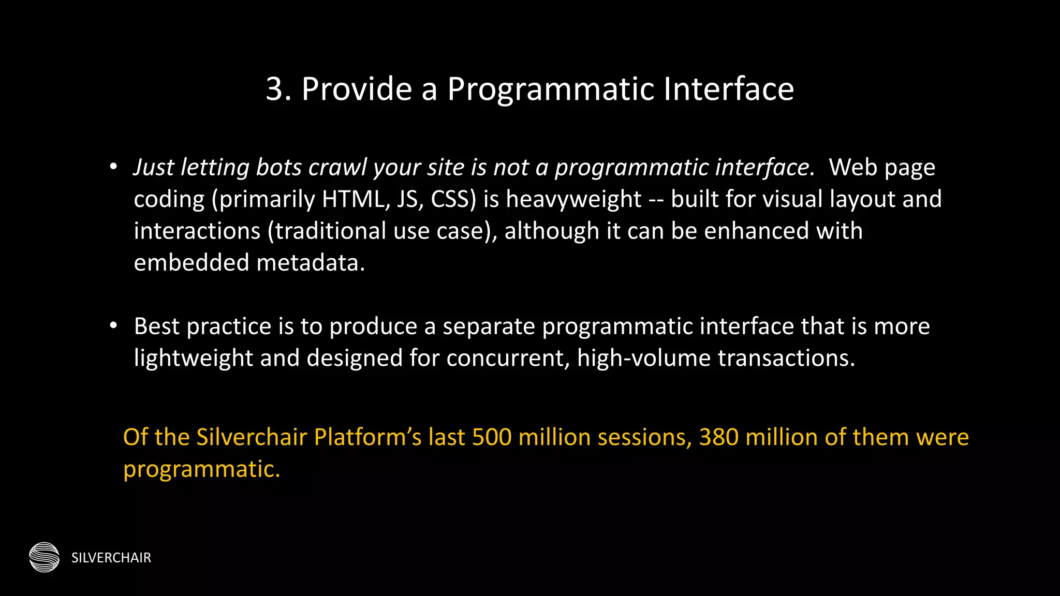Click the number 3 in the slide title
(275, 89)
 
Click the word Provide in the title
(357, 89)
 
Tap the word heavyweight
(573, 200)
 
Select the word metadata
(311, 263)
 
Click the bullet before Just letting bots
(113, 167)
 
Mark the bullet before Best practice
(113, 326)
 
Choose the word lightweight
(193, 358)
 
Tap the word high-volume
(643, 358)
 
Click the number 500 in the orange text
(492, 437)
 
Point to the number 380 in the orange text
(718, 437)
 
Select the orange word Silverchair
(252, 437)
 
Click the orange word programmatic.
(201, 469)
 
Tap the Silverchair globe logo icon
(45, 557)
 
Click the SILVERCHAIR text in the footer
(111, 558)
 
